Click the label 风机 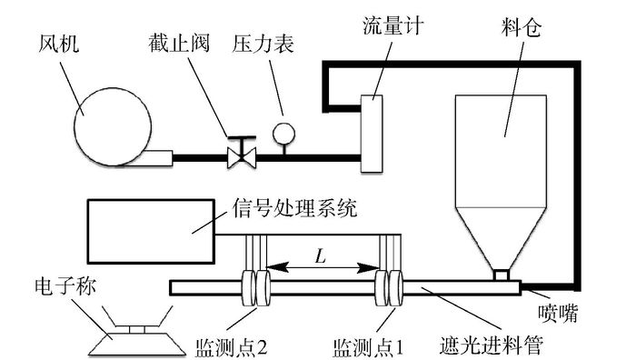(x=59, y=44)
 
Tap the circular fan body (x=113, y=127)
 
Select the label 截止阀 (x=178, y=43)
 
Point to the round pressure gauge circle (x=283, y=134)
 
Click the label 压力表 (x=263, y=44)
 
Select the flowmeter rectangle (x=372, y=134)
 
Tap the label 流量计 (x=393, y=25)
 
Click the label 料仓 (x=522, y=27)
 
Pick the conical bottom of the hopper (x=501, y=239)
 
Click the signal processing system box (x=152, y=231)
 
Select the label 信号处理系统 (x=295, y=208)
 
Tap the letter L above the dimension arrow (x=321, y=256)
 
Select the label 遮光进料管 (x=492, y=345)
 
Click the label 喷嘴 (x=558, y=314)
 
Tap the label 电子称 (x=65, y=286)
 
